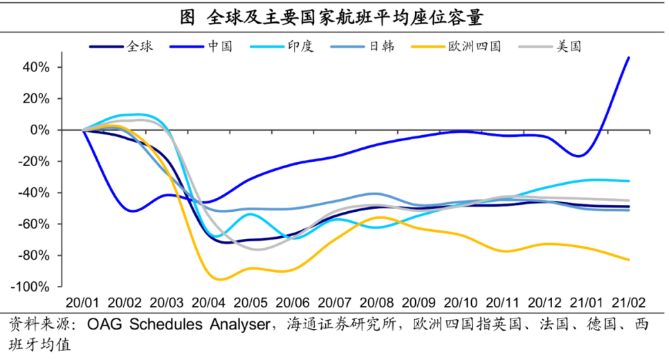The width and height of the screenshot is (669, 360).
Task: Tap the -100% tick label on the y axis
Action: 32,287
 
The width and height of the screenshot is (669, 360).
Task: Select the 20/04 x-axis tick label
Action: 210,303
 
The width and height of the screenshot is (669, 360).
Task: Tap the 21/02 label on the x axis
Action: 629,303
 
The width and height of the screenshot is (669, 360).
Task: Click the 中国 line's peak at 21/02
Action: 628,57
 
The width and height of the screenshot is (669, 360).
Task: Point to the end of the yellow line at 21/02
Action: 629,260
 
